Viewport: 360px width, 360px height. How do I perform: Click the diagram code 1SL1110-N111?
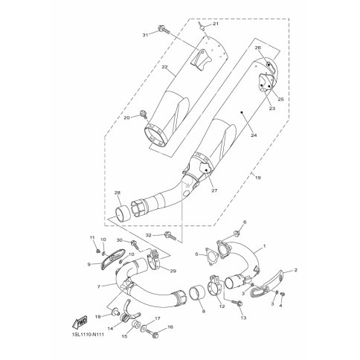click(85, 335)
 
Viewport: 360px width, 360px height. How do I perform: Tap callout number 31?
click(145, 35)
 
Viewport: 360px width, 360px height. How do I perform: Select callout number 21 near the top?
click(216, 24)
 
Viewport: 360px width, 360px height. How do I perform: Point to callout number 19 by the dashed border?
click(258, 178)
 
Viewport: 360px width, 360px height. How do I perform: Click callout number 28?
click(118, 193)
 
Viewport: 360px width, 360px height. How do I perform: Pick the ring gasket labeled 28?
click(123, 213)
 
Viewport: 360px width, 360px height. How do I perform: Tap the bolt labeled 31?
click(164, 30)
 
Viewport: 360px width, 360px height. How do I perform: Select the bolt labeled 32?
click(170, 236)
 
